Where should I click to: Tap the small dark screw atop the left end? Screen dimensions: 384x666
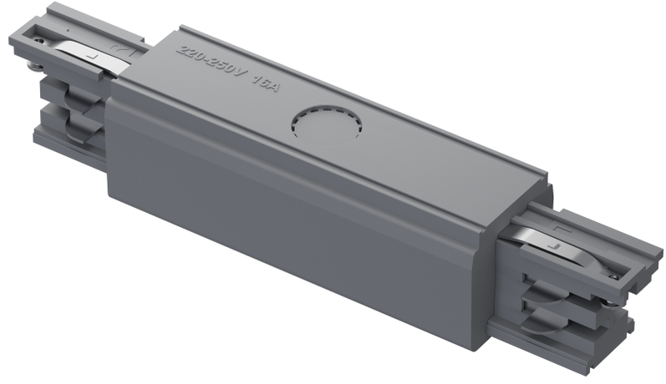39,35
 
